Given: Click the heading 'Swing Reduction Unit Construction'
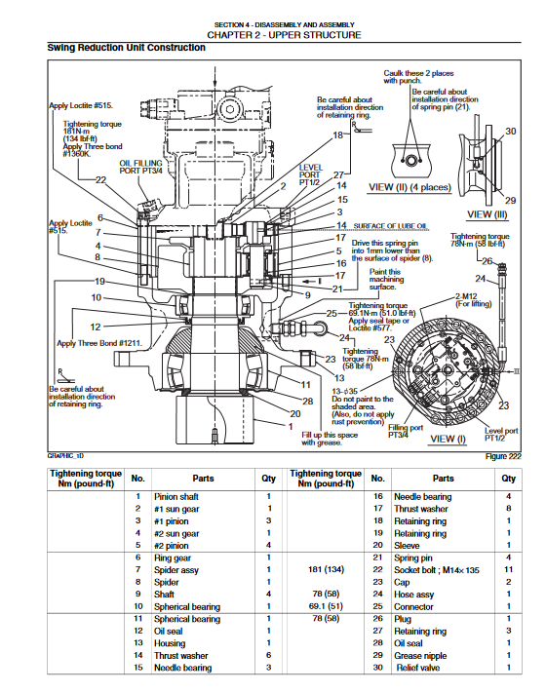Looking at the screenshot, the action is (x=126, y=48).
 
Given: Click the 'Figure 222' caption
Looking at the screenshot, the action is (x=503, y=456).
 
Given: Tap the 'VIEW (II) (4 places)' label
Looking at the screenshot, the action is (x=410, y=187).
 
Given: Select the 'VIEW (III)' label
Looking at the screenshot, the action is (x=487, y=215).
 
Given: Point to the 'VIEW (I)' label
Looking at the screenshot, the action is (x=448, y=439).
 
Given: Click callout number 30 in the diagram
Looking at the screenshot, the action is (x=511, y=131).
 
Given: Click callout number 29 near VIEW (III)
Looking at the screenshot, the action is (x=510, y=201).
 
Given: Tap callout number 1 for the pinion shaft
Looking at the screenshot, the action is (x=291, y=426).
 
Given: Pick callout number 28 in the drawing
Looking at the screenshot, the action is (x=308, y=402).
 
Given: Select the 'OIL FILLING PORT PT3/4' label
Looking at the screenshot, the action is (x=140, y=167).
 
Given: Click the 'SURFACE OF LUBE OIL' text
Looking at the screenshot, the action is (x=390, y=226).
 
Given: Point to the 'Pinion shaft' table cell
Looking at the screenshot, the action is (x=176, y=496).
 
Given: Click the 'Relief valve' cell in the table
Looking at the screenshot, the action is (x=418, y=668).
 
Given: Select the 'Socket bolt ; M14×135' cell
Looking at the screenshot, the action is (x=437, y=570).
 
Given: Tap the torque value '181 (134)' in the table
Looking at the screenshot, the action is (x=326, y=569).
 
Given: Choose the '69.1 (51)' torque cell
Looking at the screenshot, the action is (x=326, y=606).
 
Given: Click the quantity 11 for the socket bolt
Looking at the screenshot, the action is (x=509, y=569).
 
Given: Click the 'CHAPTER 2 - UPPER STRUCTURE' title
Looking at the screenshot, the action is (x=285, y=35).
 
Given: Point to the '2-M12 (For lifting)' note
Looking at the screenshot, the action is (x=473, y=300).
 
